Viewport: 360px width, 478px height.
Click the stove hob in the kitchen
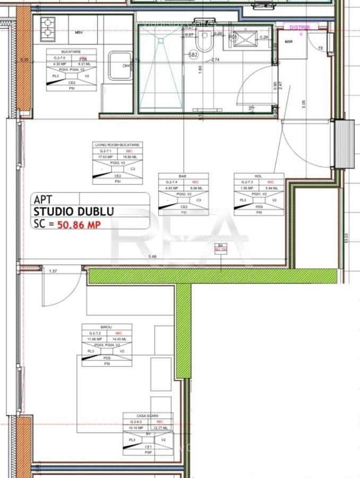click(48, 27)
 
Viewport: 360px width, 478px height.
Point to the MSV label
click(79, 33)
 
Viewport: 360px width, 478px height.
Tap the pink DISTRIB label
click(301, 27)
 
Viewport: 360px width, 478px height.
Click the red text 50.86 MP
click(79, 225)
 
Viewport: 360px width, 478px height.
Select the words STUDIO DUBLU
click(73, 212)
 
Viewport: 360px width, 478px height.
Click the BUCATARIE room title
click(71, 52)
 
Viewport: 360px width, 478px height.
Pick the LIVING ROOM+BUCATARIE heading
click(117, 144)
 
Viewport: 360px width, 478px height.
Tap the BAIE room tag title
click(183, 176)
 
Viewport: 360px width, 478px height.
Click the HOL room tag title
click(259, 176)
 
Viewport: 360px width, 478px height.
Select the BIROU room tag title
click(106, 327)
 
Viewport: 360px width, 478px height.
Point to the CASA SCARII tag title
click(148, 416)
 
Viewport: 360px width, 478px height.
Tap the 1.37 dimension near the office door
click(53, 271)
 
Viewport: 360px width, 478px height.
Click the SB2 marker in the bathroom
click(193, 54)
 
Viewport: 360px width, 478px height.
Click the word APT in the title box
click(42, 200)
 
